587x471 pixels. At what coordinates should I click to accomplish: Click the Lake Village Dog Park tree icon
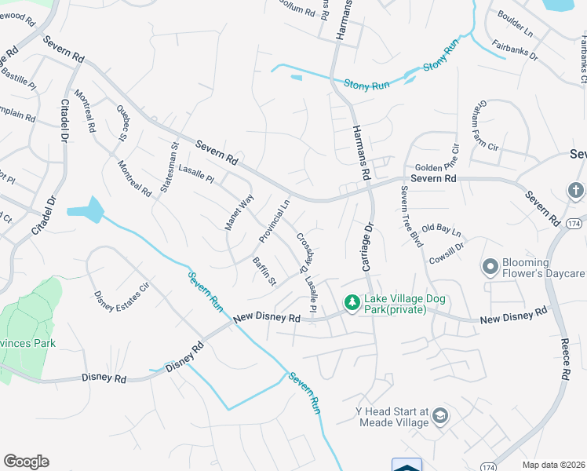point(352,301)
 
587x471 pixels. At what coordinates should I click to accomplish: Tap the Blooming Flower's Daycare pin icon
point(490,267)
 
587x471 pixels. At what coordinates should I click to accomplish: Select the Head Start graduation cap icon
point(440,415)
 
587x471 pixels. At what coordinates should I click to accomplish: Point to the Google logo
point(26,462)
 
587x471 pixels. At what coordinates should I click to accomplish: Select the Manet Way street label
point(240,212)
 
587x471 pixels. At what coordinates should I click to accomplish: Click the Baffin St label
point(264,270)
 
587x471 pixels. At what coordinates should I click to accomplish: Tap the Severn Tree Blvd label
point(411,217)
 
